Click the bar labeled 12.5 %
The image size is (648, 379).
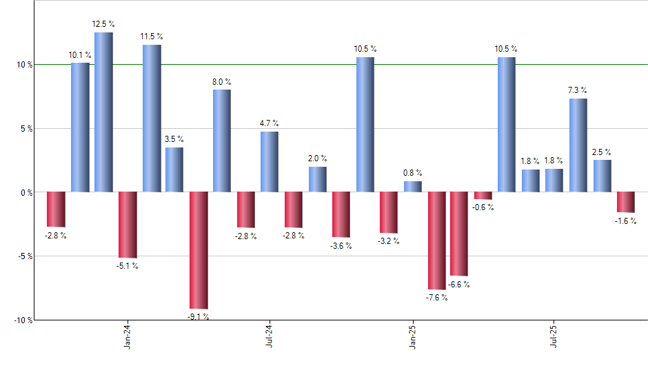click(x=103, y=112)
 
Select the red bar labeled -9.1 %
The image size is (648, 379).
click(x=199, y=249)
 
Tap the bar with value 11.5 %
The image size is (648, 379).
click(x=152, y=118)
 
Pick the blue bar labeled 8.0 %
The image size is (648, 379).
click(x=222, y=141)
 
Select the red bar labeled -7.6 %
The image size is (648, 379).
click(x=437, y=240)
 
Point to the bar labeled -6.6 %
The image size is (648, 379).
click(x=459, y=234)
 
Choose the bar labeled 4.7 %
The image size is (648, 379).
click(x=270, y=161)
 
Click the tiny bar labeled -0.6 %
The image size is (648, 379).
click(x=483, y=196)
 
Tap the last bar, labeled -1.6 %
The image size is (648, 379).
click(x=626, y=202)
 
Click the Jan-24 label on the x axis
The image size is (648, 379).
click(x=127, y=337)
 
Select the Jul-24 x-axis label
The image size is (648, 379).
click(x=269, y=337)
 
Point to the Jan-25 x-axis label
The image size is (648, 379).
click(x=412, y=337)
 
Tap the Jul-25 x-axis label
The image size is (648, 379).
click(x=554, y=337)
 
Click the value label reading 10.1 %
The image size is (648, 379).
click(x=80, y=55)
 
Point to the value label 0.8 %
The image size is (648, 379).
click(x=413, y=173)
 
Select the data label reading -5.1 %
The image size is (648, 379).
click(x=128, y=266)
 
